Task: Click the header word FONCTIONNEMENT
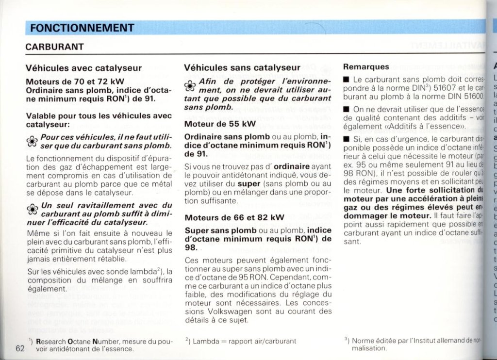[x=82, y=28]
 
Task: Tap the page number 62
[x=20, y=348]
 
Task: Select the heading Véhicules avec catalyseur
[x=83, y=68]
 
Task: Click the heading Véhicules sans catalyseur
[x=242, y=68]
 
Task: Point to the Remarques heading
[x=366, y=66]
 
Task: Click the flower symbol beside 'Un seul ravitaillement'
[x=32, y=209]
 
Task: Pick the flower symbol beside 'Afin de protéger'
[x=190, y=85]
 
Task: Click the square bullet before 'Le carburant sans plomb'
[x=346, y=79]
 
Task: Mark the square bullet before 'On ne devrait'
[x=346, y=110]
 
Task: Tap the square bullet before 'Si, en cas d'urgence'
[x=346, y=140]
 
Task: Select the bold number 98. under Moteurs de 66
[x=192, y=247]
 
